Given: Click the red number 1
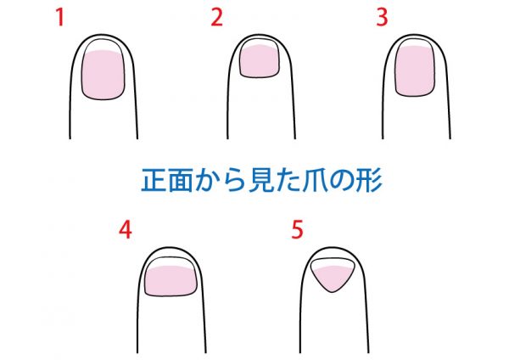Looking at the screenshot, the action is coord(60,17).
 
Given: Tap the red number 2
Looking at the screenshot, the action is coord(217,17).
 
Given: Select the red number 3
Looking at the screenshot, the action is coord(382,17).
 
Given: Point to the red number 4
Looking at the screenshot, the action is coord(126,230).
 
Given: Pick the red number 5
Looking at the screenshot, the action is coord(297,230).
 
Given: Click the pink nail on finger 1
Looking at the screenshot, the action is coord(103,75).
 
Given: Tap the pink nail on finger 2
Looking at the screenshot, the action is coord(259,61).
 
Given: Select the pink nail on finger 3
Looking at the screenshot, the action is coord(415,70).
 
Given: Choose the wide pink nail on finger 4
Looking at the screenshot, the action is coord(171,281).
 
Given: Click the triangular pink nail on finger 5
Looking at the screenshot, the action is coord(332,278).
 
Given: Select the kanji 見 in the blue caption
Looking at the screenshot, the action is coord(260,180).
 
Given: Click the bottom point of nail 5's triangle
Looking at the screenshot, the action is coord(332,292).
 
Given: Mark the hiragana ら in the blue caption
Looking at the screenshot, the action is coord(234,180).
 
